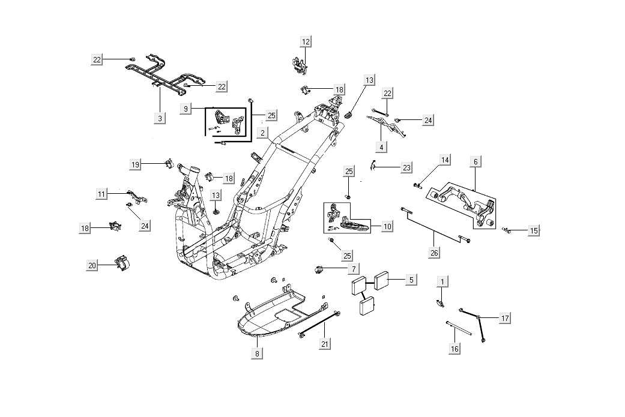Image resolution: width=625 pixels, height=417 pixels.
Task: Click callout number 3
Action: coord(160,118)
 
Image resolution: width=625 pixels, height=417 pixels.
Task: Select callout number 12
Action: coord(306,41)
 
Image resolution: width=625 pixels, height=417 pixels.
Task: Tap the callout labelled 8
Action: coord(257,353)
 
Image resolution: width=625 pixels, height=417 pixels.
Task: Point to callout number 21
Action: coord(325,344)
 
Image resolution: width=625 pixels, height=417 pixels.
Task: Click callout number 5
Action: coord(411,280)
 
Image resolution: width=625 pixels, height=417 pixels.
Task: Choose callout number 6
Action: coord(475,161)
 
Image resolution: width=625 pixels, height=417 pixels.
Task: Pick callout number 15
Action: coord(534,230)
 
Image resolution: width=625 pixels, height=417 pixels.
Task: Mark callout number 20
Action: coord(92,266)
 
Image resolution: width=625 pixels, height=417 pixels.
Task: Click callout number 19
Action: coord(136,164)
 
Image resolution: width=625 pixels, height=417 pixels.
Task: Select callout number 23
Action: coord(407,168)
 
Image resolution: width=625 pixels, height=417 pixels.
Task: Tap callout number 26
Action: coord(434,253)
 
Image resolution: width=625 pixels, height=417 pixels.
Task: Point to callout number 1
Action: coord(443,281)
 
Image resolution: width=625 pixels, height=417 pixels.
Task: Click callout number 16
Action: coord(454,349)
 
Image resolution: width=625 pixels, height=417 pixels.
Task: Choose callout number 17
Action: coord(506,318)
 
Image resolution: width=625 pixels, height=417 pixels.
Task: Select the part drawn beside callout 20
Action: coord(122,262)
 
